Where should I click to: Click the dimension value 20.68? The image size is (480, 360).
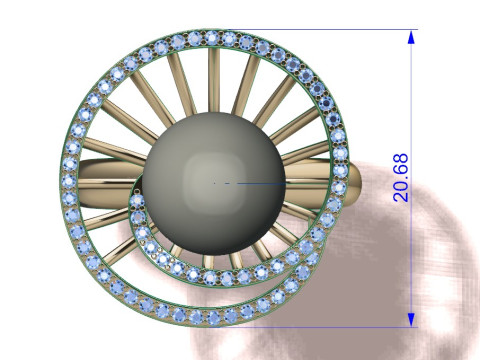pos(400,178)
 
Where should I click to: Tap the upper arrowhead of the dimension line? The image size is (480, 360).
pos(411,37)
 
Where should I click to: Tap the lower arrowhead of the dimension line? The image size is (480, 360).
pos(411,320)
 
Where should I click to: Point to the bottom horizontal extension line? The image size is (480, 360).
pos(313,327)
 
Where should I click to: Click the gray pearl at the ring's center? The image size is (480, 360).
pos(214,183)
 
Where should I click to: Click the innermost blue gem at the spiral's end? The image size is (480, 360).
pos(137,201)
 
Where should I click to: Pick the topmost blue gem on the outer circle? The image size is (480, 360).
pos(211,37)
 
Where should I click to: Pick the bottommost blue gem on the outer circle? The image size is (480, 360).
pos(213,317)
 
